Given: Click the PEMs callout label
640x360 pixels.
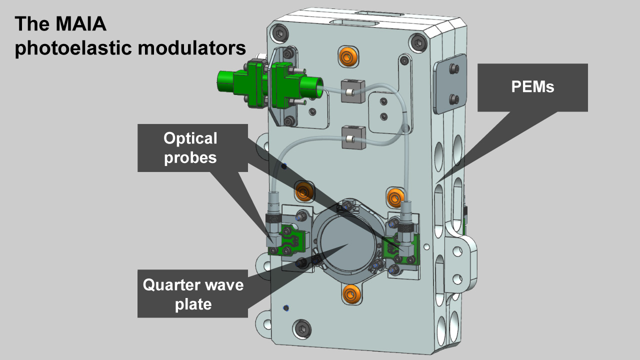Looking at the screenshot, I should (532, 87).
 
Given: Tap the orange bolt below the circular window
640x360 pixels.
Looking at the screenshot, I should (349, 292).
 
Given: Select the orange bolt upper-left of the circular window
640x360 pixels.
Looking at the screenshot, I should (303, 191).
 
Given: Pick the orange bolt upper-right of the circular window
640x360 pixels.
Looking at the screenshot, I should (395, 196).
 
